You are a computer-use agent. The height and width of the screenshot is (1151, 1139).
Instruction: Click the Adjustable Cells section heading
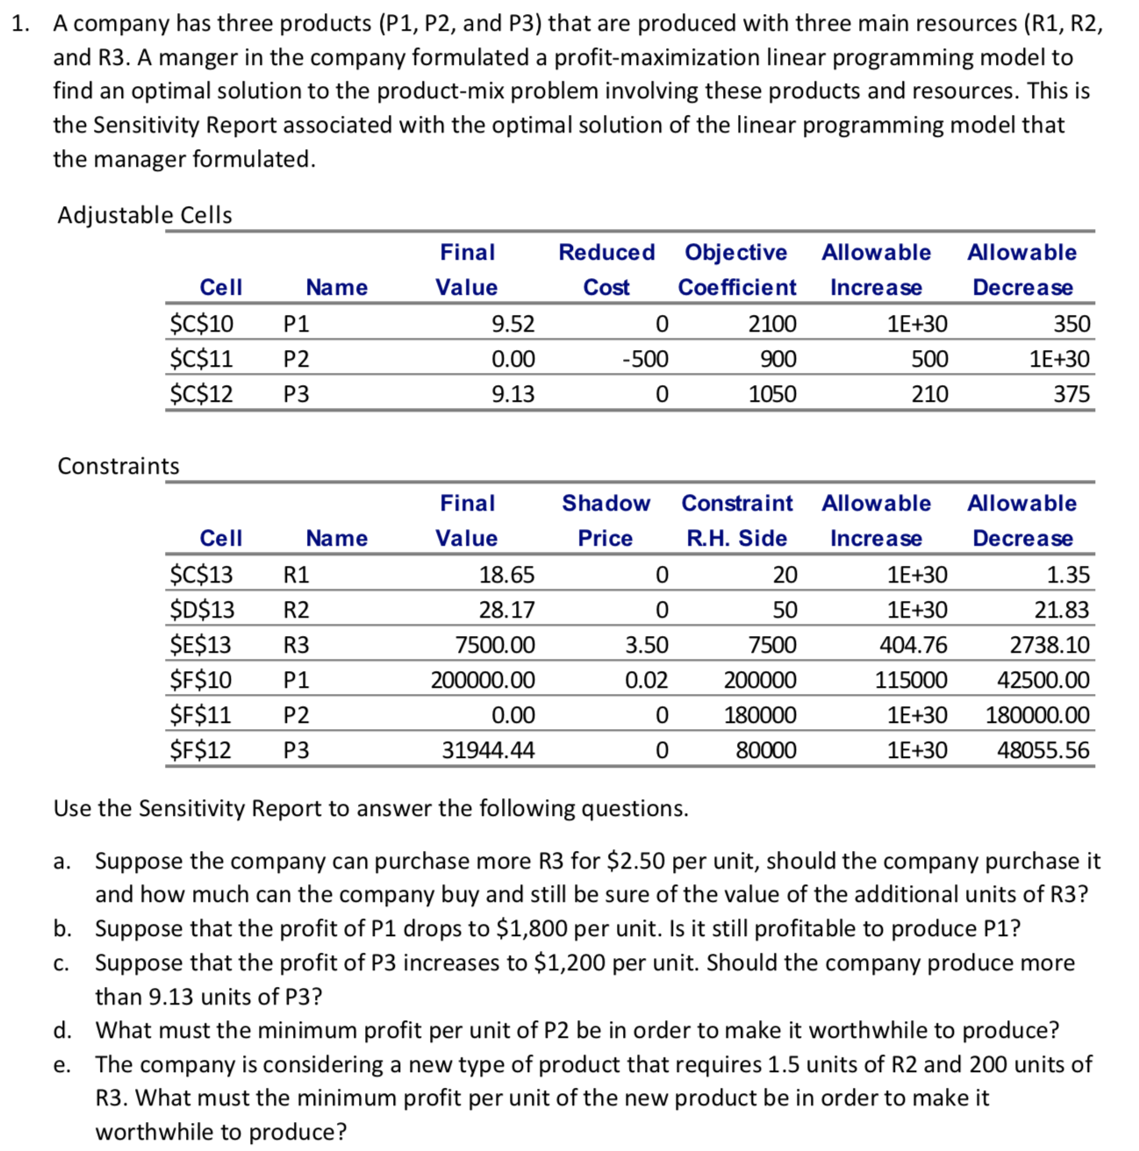145,215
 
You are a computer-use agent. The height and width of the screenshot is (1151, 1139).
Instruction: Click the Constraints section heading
118,466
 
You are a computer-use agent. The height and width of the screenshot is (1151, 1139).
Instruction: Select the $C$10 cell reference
202,324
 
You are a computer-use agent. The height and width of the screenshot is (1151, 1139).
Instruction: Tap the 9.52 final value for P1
512,324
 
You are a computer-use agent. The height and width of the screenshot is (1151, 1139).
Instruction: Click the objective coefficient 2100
771,324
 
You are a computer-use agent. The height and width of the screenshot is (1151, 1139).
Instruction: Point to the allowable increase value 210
929,394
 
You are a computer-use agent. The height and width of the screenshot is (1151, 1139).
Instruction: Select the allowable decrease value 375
1071,394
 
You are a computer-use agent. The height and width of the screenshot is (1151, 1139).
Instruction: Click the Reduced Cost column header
606,269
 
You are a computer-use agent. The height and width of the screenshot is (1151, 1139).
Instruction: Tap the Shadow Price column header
605,520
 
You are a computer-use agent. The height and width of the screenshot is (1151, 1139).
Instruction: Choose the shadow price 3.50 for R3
646,645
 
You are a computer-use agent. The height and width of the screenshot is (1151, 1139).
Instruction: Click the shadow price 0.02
646,680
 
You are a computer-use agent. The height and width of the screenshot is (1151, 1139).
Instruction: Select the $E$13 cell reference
201,645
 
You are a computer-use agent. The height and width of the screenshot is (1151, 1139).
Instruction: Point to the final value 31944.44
488,750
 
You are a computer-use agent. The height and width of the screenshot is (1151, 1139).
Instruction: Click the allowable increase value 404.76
913,645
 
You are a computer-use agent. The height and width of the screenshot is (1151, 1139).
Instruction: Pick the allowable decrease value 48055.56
1043,750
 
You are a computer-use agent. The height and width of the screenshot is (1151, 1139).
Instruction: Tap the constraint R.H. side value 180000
760,715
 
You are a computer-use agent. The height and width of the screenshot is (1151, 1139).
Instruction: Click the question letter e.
61,1065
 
